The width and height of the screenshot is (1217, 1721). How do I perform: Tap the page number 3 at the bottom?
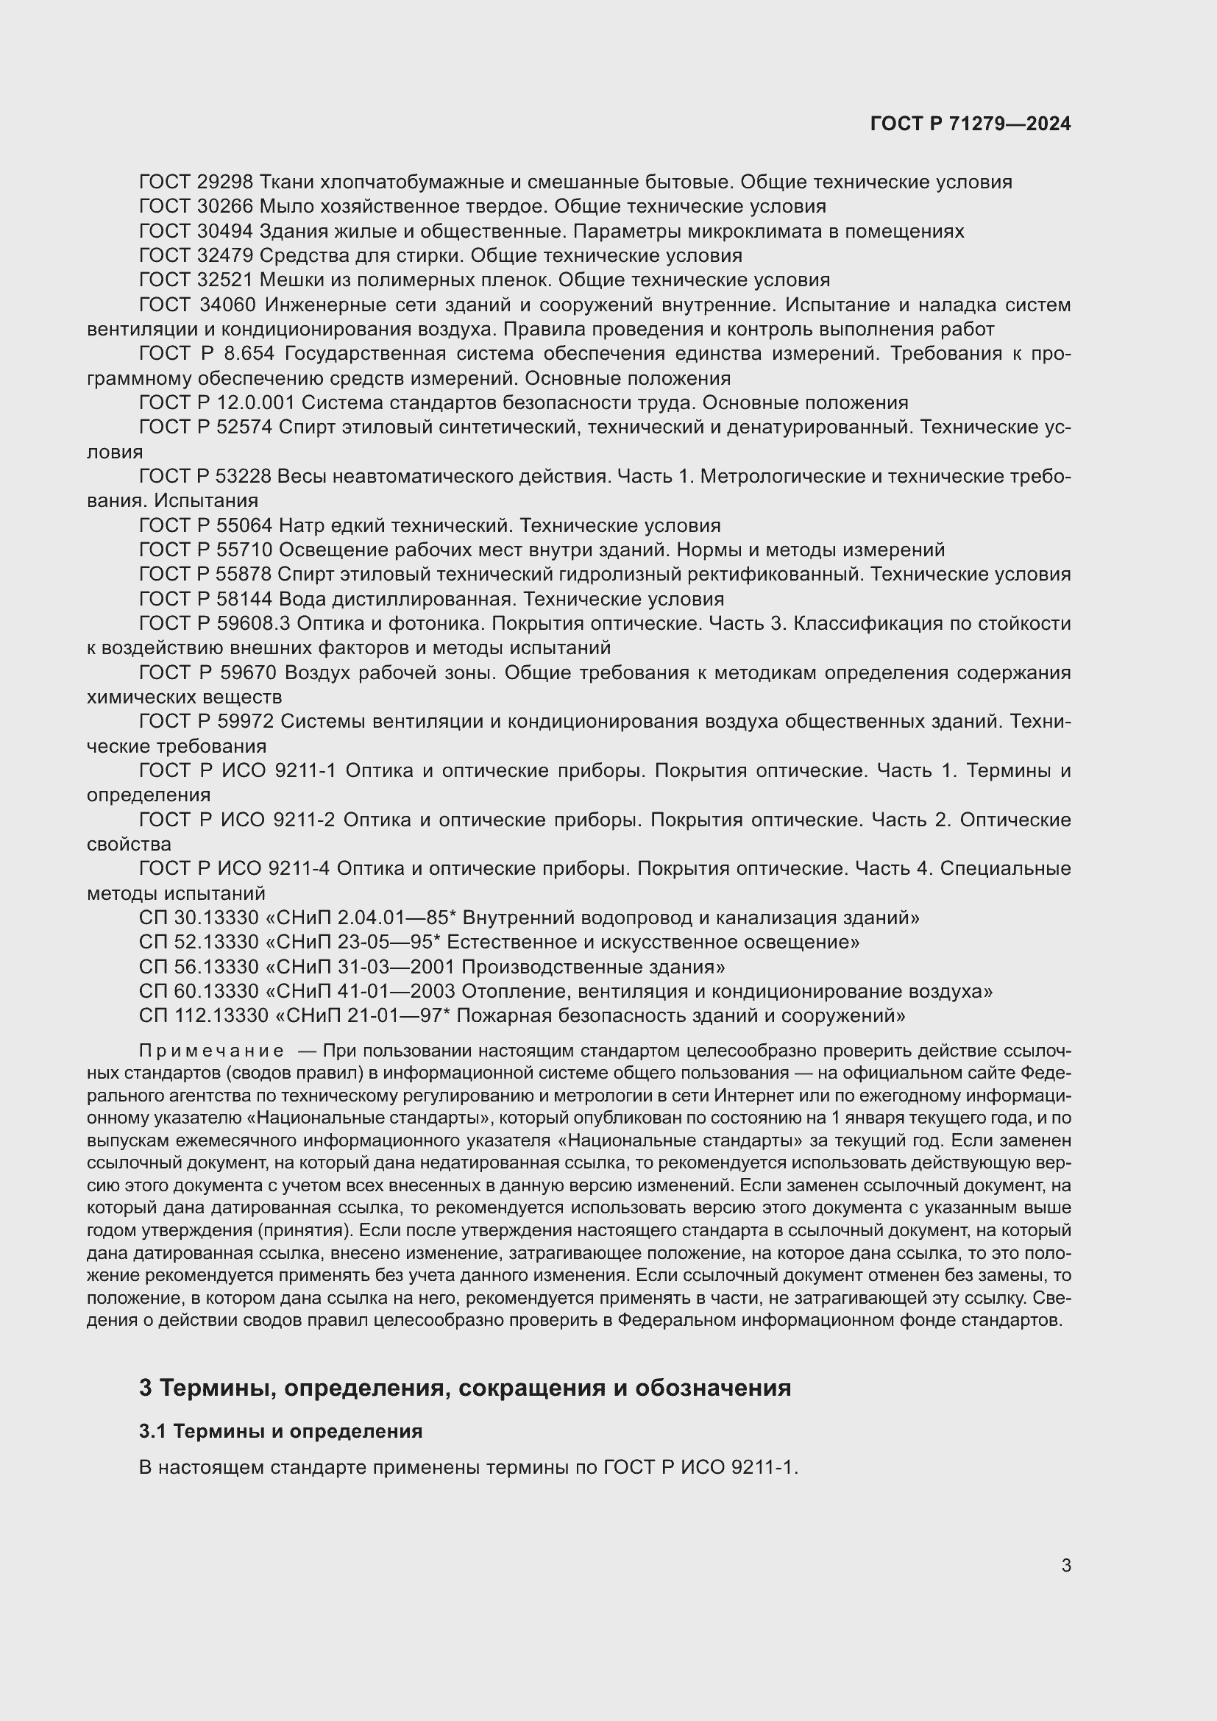(1065, 1565)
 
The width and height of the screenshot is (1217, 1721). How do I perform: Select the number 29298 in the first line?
(226, 182)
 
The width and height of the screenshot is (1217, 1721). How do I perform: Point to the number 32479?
(226, 255)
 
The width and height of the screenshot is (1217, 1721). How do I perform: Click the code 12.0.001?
(256, 403)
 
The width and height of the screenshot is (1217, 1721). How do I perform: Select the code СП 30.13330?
(199, 918)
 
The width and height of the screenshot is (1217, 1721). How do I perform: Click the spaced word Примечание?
(211, 1051)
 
